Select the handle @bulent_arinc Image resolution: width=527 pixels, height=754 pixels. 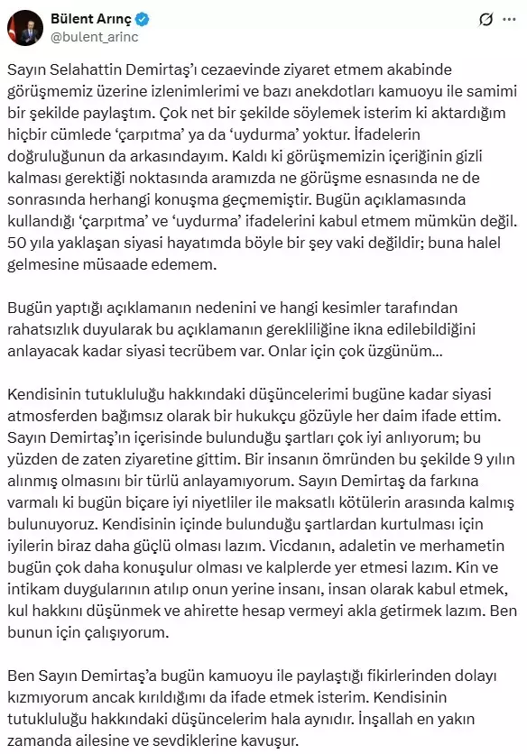(94, 35)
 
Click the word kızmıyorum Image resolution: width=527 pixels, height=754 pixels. (44, 696)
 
